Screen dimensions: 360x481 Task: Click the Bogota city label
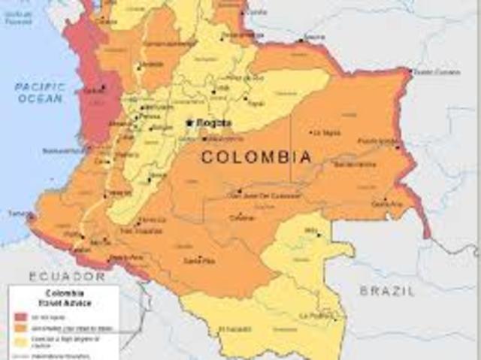pos(213,123)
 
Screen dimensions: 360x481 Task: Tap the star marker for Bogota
pos(189,123)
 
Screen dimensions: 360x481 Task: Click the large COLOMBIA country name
pos(256,157)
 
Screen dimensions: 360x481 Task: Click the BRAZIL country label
pos(386,290)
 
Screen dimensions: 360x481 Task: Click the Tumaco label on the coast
pos(18,213)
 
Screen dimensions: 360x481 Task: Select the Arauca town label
pos(314,37)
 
